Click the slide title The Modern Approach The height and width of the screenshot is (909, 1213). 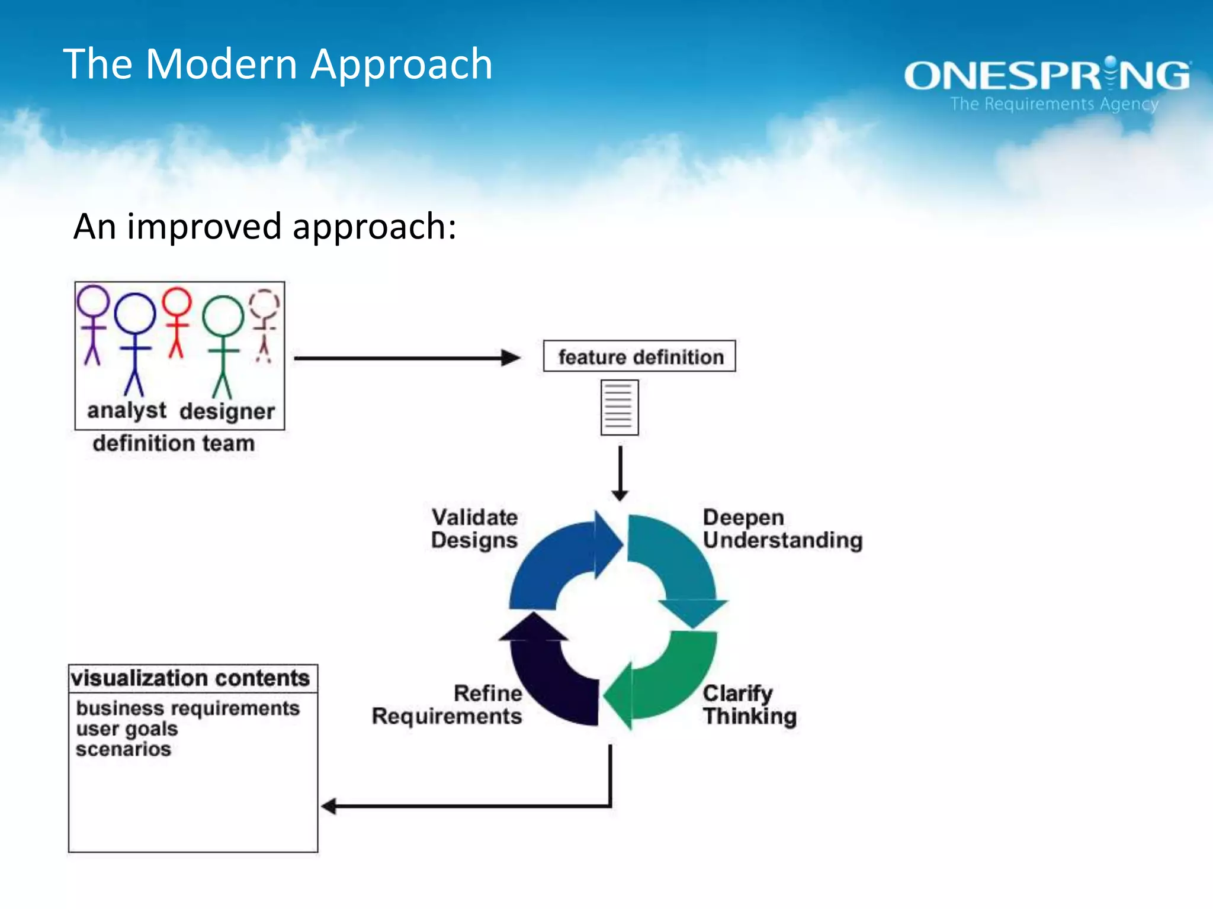pyautogui.click(x=277, y=64)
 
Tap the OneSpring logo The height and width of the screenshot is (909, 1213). pyautogui.click(x=1047, y=76)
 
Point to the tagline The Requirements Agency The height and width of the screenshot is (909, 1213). pyautogui.click(x=1054, y=104)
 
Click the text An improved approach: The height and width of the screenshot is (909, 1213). pyautogui.click(x=265, y=227)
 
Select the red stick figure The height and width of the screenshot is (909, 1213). pyautogui.click(x=177, y=323)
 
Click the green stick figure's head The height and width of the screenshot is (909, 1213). pyautogui.click(x=223, y=316)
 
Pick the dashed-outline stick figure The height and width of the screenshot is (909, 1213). pyautogui.click(x=264, y=325)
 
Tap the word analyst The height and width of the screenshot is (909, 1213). pyautogui.click(x=127, y=410)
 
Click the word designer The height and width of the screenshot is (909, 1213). pyautogui.click(x=227, y=411)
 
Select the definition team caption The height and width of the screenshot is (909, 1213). pyautogui.click(x=174, y=443)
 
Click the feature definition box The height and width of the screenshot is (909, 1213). pyautogui.click(x=640, y=357)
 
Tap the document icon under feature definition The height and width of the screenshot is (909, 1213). pyautogui.click(x=620, y=408)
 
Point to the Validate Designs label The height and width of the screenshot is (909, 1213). pyautogui.click(x=474, y=528)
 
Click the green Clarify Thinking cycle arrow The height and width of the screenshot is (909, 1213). pyautogui.click(x=669, y=681)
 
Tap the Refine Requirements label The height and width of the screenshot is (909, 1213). pyautogui.click(x=448, y=704)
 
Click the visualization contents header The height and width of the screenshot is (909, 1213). pyautogui.click(x=191, y=678)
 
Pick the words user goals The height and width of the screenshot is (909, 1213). pyautogui.click(x=127, y=729)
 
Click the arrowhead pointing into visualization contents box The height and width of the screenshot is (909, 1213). pyautogui.click(x=329, y=806)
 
